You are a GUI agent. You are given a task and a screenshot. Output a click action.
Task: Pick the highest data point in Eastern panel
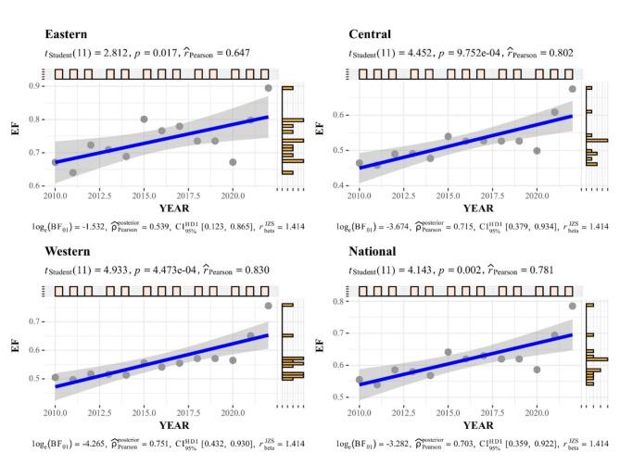tap(268, 88)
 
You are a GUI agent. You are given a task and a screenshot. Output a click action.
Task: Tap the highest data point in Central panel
tap(573, 89)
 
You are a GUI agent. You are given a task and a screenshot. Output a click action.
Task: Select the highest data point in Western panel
tap(268, 306)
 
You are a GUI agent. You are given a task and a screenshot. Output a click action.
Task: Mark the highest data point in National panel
tap(573, 306)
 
